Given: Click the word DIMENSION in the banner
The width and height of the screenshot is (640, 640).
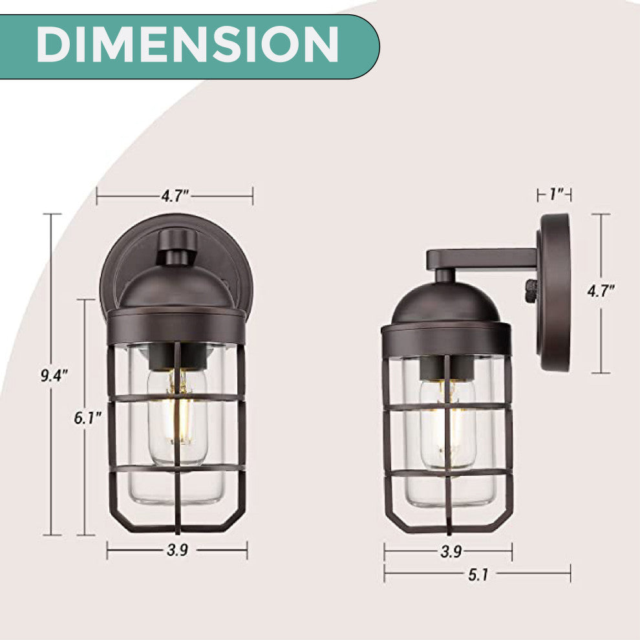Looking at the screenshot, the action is click(187, 45).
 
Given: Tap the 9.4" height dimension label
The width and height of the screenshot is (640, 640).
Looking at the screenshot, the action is click(54, 376).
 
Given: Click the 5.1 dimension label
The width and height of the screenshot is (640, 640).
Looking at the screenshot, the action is click(478, 575).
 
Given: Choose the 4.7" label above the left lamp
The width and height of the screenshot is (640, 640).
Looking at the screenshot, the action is click(175, 196).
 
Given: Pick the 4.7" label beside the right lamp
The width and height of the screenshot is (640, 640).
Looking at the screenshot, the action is click(601, 291).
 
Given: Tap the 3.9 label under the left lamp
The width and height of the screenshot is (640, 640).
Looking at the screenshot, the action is click(177, 550).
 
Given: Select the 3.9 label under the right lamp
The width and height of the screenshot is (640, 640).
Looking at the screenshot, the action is click(451, 552).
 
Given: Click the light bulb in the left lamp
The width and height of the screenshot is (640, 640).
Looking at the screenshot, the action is click(178, 417).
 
